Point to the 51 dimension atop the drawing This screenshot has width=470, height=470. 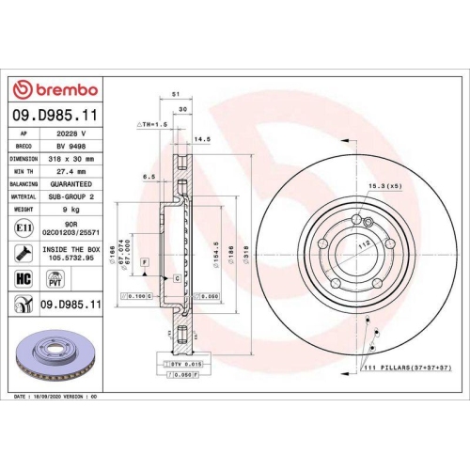tap(176, 94)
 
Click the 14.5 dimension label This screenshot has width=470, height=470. tap(201, 140)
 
